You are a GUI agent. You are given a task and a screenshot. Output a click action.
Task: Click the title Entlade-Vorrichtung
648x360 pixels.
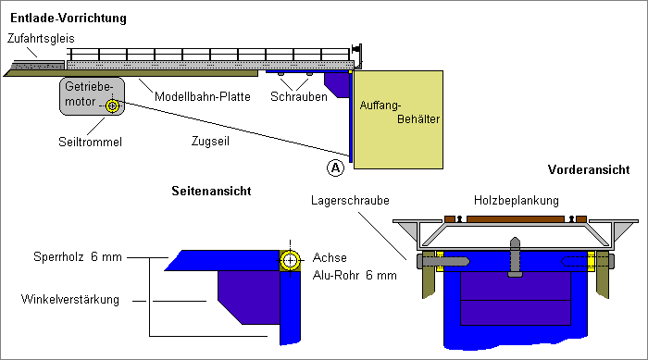[69, 19]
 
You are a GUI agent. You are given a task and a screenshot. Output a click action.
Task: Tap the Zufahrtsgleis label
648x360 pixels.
[41, 39]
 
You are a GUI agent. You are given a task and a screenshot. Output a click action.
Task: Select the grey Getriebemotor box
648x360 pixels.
[92, 96]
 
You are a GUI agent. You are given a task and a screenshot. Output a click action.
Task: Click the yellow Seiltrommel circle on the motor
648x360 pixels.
[112, 106]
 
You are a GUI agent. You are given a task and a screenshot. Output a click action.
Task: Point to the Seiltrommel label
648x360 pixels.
[90, 142]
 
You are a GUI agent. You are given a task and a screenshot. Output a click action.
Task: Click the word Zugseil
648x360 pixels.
[210, 141]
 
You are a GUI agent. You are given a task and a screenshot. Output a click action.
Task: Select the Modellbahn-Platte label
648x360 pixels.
[203, 97]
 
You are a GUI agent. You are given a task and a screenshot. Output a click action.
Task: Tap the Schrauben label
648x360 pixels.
[299, 97]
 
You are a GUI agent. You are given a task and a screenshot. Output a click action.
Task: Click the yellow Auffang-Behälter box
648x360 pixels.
[398, 120]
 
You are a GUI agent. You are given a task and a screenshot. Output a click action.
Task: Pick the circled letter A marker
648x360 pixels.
[335, 168]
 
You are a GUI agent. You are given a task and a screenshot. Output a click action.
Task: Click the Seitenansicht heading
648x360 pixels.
[211, 191]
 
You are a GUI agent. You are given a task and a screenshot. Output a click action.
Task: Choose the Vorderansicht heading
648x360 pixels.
[589, 169]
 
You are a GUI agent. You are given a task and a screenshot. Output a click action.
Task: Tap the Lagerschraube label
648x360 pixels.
[350, 201]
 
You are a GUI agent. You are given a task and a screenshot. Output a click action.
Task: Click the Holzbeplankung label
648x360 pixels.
[517, 201]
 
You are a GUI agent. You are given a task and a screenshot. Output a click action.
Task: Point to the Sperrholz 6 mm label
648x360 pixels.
[78, 256]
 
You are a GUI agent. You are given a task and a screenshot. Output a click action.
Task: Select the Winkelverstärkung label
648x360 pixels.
[69, 299]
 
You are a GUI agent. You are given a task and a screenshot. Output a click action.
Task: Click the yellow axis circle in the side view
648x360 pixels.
[290, 260]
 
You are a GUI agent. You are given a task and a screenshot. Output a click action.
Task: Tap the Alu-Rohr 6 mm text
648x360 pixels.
[355, 275]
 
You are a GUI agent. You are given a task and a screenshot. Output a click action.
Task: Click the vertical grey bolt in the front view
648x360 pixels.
[515, 257]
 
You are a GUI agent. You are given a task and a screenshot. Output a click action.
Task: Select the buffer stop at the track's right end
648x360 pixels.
[356, 54]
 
